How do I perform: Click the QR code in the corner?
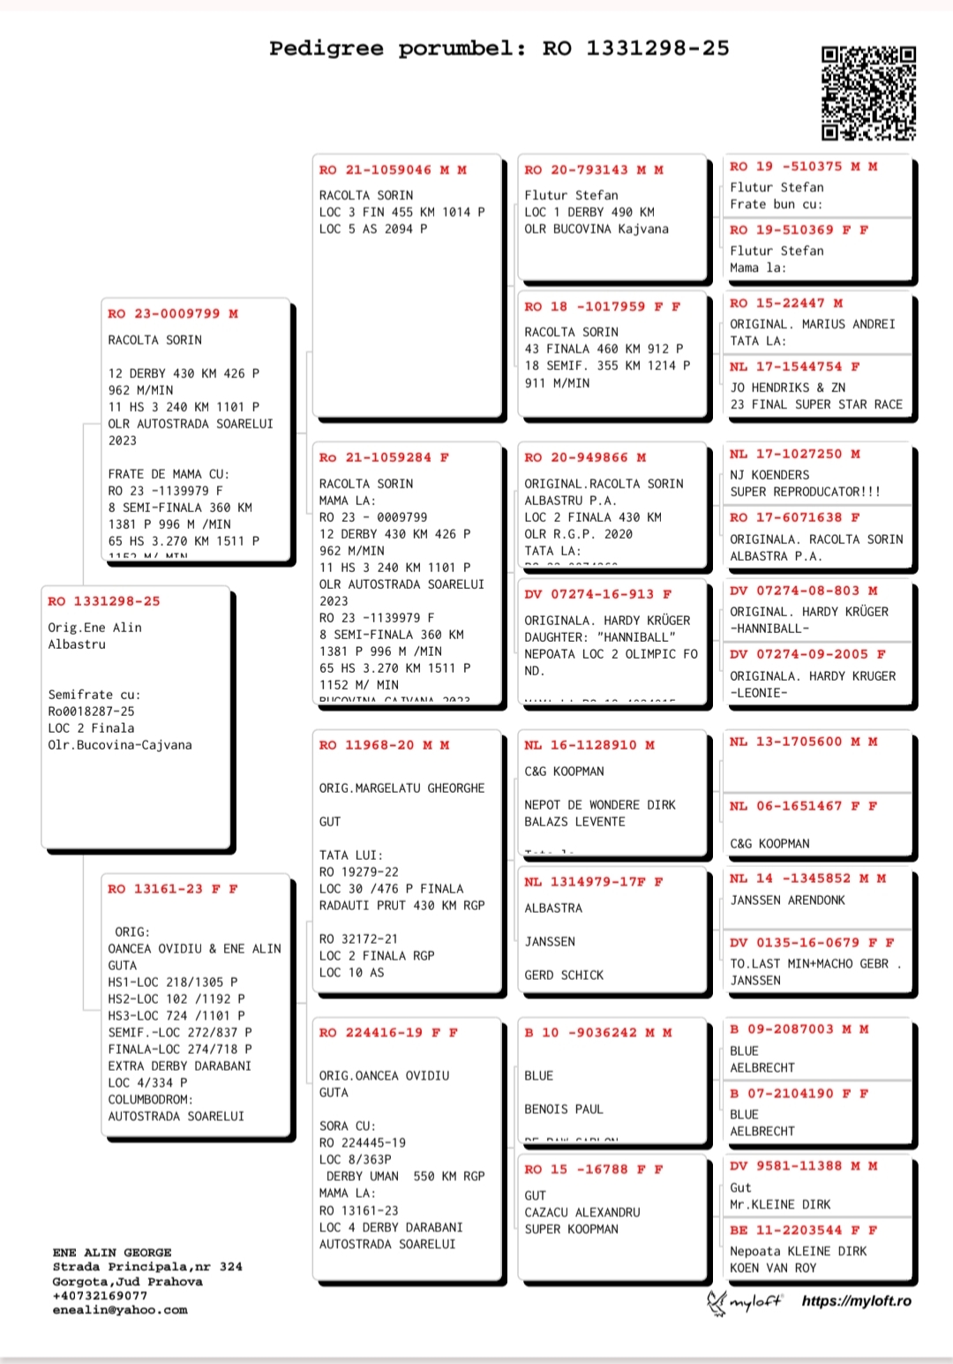pos(868,94)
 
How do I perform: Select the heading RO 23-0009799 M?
pos(173,313)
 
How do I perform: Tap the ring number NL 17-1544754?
pos(794,366)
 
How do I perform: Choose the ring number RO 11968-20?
pos(384,745)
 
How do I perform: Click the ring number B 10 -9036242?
pos(597,1032)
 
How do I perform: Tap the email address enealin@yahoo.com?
pos(119,1310)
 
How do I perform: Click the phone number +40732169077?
pos(100,1295)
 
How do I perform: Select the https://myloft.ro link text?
pos(856,1301)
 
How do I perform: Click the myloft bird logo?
pos(717,1302)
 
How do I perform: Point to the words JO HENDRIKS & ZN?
pos(787,388)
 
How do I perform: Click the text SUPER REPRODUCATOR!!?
pos(805,492)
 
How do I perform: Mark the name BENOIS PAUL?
pos(564,1109)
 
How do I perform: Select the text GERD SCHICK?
pos(564,975)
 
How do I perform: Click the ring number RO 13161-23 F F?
pos(173,889)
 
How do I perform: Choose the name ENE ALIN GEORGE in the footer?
pos(112,1253)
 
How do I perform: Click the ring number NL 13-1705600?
pos(803,742)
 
